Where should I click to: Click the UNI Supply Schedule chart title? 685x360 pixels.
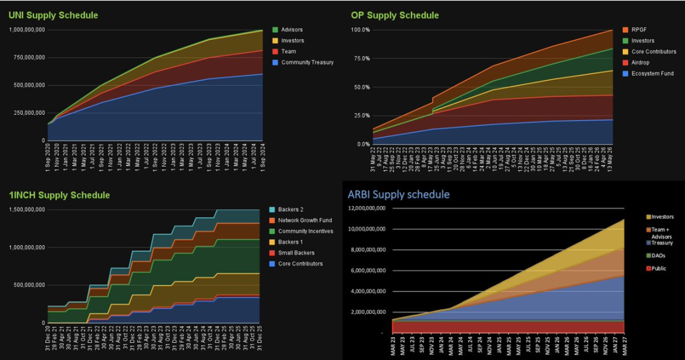coord(53,15)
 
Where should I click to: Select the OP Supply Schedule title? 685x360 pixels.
coord(395,15)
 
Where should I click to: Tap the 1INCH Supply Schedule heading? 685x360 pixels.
coord(59,195)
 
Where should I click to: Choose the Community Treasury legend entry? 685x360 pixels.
coord(307,62)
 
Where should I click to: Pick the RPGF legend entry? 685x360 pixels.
coord(638,30)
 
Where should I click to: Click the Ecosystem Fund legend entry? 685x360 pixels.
coord(651,74)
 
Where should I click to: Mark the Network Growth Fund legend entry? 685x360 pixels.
coord(304,220)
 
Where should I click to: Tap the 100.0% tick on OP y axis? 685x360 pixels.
coord(360,30)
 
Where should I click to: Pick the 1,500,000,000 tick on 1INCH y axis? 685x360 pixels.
coord(26,210)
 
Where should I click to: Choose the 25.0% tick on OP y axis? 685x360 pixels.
coord(362,115)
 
